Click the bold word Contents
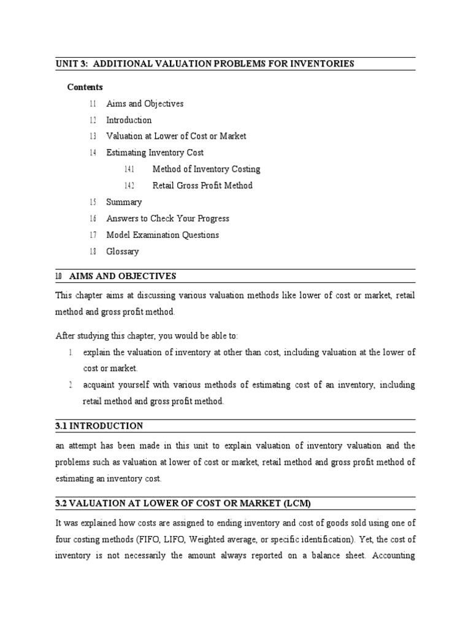[x=85, y=87]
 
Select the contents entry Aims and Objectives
[x=145, y=104]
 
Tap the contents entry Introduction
[x=129, y=120]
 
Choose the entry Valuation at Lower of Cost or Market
[x=176, y=136]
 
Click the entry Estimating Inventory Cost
[x=155, y=153]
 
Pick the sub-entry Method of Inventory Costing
[x=206, y=169]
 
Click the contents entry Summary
[x=124, y=202]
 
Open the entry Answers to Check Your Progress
[x=167, y=218]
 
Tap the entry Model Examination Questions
[x=163, y=235]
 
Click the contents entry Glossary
[x=123, y=251]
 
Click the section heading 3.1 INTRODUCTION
[x=99, y=426]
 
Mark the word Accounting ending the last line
[x=392, y=556]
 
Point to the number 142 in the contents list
[x=129, y=186]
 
